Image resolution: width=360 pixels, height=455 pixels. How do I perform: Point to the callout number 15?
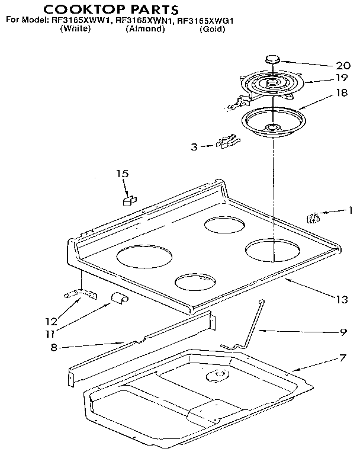pyautogui.click(x=122, y=174)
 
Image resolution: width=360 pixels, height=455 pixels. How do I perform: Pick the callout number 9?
pyautogui.click(x=342, y=332)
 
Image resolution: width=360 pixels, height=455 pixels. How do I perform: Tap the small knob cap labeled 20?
pyautogui.click(x=272, y=59)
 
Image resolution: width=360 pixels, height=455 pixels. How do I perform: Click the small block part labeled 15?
pyautogui.click(x=127, y=201)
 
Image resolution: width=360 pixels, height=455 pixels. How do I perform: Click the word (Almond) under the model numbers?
pyautogui.click(x=144, y=29)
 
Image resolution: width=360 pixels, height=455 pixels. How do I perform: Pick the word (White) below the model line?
pyautogui.click(x=75, y=29)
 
